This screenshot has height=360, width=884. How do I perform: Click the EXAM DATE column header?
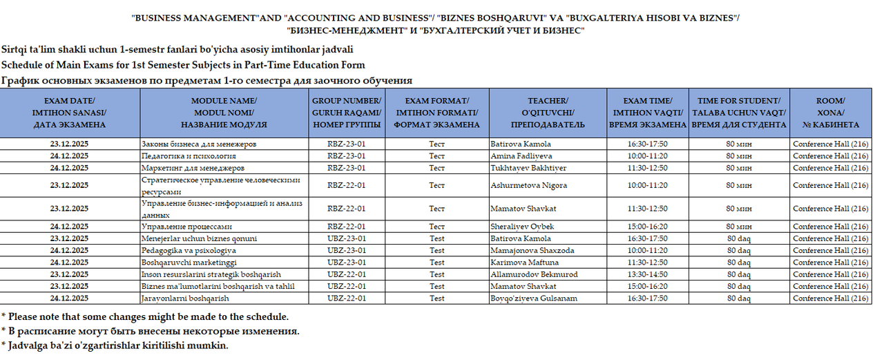pos(69,113)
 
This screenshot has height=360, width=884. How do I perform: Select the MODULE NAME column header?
pos(224,113)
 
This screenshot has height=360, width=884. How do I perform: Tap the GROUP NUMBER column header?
pos(347,113)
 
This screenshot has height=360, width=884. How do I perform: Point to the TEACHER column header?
pos(548,113)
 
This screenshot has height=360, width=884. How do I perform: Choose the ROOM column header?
pos(830,113)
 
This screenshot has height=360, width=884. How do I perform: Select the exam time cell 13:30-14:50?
pos(647,274)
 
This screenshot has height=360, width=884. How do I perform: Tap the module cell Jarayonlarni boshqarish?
pos(184,299)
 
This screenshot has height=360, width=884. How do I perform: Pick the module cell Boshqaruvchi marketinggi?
pos(189,263)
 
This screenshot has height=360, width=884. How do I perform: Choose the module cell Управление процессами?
pos(186,227)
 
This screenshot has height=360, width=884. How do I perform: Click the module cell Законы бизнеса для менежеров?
pos(199,144)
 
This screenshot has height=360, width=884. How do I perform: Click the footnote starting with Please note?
pos(145,317)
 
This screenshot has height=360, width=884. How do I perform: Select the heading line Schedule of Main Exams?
pos(183,65)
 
